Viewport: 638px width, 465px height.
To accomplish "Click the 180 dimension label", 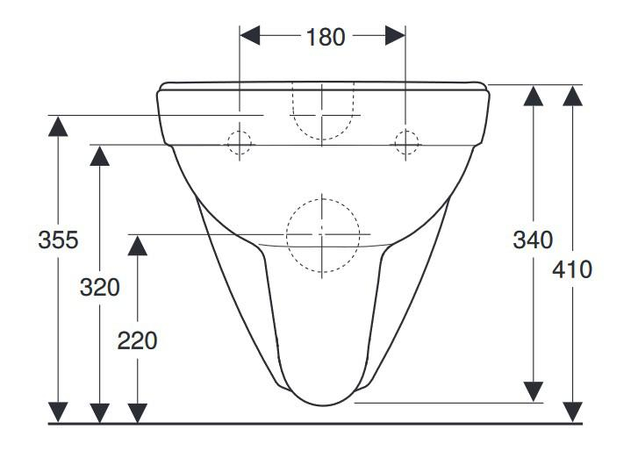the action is pyautogui.click(x=326, y=37).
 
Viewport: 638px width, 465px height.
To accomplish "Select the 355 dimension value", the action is pyautogui.click(x=58, y=240).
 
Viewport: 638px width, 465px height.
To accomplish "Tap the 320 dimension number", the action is pyautogui.click(x=100, y=287).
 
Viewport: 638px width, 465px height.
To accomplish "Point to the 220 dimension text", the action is pyautogui.click(x=138, y=340).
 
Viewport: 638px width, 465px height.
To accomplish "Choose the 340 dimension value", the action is pyautogui.click(x=533, y=240).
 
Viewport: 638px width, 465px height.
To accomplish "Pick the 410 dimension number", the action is pyautogui.click(x=572, y=269).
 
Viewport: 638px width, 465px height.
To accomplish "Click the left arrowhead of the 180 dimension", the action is pyautogui.click(x=250, y=35).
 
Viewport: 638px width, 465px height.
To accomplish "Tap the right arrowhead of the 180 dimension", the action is pyautogui.click(x=395, y=35).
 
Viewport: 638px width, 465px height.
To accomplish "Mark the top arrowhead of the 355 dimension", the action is pyautogui.click(x=58, y=126).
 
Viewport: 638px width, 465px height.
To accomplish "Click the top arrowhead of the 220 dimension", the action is pyautogui.click(x=138, y=246).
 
